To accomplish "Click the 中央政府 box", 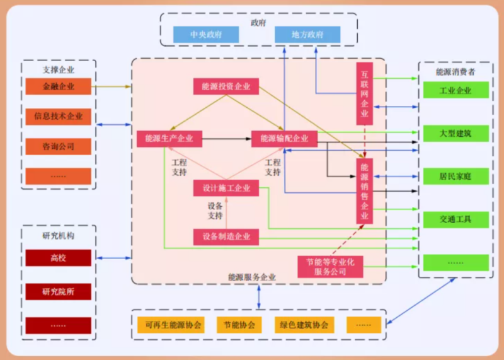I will pyautogui.click(x=206, y=35).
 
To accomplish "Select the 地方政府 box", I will pyautogui.click(x=307, y=35).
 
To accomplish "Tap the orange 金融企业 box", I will pyautogui.click(x=59, y=86).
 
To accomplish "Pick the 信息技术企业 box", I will pyautogui.click(x=59, y=116).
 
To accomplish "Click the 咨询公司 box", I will pyautogui.click(x=59, y=146).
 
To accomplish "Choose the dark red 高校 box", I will pyautogui.click(x=59, y=257).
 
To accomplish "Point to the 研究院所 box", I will pyautogui.click(x=59, y=291).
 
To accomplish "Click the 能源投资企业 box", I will pyautogui.click(x=226, y=87).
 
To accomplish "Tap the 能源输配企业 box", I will pyautogui.click(x=284, y=139).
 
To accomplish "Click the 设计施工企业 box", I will pyautogui.click(x=226, y=188).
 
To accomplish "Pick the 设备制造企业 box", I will pyautogui.click(x=226, y=237).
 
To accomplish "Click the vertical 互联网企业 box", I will pyautogui.click(x=365, y=95).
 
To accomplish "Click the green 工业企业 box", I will pyautogui.click(x=455, y=90).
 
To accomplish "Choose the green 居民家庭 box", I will pyautogui.click(x=455, y=176).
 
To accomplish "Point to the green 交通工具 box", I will pyautogui.click(x=455, y=219).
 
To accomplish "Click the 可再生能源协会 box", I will pyautogui.click(x=173, y=325).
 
